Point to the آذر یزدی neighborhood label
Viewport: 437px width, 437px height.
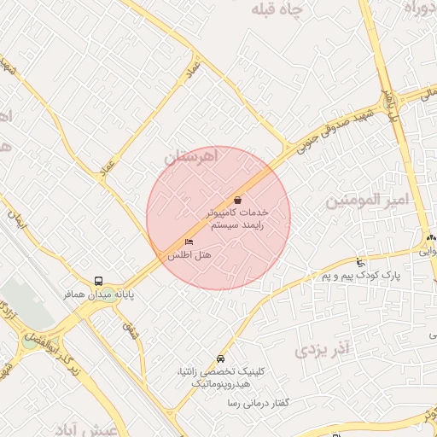click(x=323, y=349)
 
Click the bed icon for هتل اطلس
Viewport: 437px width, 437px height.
click(x=189, y=242)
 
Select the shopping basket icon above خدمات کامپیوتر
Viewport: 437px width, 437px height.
click(x=236, y=199)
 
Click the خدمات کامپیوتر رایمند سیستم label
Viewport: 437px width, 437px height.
click(x=238, y=217)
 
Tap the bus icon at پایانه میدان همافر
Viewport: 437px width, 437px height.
click(x=100, y=281)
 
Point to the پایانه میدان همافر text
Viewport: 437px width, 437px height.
click(x=98, y=294)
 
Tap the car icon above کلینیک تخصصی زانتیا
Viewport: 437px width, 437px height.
click(x=221, y=358)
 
